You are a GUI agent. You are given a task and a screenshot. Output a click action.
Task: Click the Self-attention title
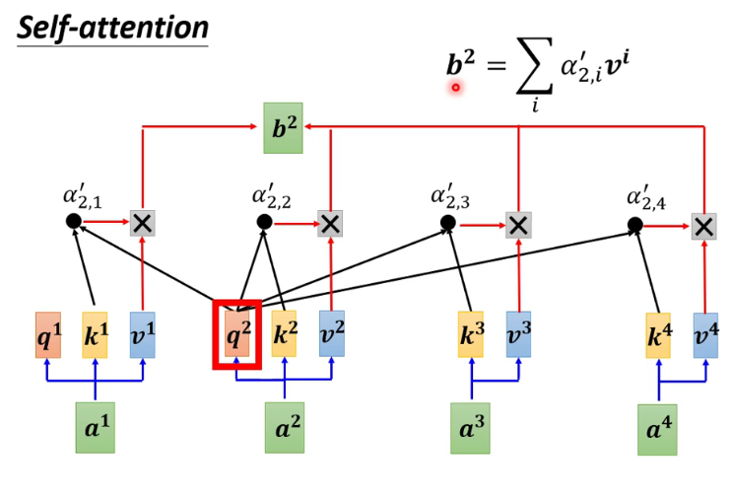pos(111,27)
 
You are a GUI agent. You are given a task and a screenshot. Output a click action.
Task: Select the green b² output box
pos(282,127)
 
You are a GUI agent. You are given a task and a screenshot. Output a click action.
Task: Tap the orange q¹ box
pos(48,335)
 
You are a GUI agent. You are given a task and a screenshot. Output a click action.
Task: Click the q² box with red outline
pos(237,335)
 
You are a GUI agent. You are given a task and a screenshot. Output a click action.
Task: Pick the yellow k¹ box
pos(95,335)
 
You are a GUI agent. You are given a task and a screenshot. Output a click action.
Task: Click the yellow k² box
pos(284,334)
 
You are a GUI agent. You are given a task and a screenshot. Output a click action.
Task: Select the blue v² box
pos(331,334)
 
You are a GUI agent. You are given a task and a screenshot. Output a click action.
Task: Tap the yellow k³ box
pos(471,334)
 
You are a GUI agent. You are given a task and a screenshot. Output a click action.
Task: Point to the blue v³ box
pos(518,334)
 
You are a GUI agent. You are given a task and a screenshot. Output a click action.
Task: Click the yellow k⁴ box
pos(659,336)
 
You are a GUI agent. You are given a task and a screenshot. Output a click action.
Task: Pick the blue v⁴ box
pos(705,335)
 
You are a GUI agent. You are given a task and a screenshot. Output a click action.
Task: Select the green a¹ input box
pos(95,428)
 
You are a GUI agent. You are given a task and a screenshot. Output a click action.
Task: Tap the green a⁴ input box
pos(657,430)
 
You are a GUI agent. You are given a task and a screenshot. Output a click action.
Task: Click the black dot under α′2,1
pos(73,221)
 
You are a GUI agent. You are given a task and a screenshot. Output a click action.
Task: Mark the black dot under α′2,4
pos(635,225)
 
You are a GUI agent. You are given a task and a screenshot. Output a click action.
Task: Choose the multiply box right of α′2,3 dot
pos(518,225)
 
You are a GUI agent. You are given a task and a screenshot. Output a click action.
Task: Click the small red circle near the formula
pos(456,88)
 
